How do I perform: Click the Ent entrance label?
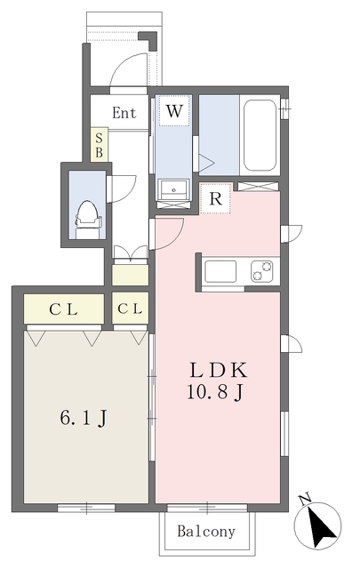pyautogui.click(x=124, y=113)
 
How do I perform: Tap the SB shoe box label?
pyautogui.click(x=99, y=145)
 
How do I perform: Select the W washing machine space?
pyautogui.click(x=174, y=110)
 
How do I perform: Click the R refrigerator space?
pyautogui.click(x=216, y=198)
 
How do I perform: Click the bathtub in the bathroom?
pyautogui.click(x=260, y=134)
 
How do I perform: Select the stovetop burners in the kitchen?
pyautogui.click(x=262, y=271)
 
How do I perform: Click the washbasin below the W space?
pyautogui.click(x=173, y=189)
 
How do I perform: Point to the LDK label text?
pyautogui.click(x=219, y=370)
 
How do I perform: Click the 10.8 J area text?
pyautogui.click(x=215, y=391)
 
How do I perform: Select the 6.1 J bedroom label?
pyautogui.click(x=84, y=418)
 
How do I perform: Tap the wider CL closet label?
pyautogui.click(x=63, y=309)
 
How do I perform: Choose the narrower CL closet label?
pyautogui.click(x=130, y=309)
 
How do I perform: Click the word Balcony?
pyautogui.click(x=206, y=532)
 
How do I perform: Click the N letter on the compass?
pyautogui.click(x=305, y=500)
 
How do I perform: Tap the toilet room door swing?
pyautogui.click(x=122, y=188)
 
